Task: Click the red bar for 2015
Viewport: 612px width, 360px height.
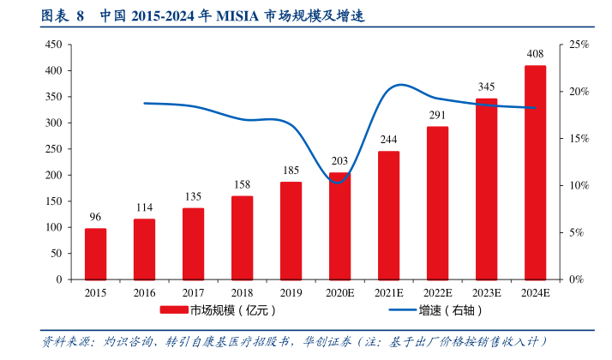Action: pyautogui.click(x=95, y=254)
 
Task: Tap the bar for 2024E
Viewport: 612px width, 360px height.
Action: pyautogui.click(x=536, y=172)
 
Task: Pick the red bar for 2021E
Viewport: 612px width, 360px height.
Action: pyautogui.click(x=388, y=215)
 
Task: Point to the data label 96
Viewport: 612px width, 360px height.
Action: pyautogui.click(x=95, y=217)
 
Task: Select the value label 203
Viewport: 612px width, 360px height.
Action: pyautogui.click(x=339, y=160)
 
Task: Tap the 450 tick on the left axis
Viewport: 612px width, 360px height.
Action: pyautogui.click(x=52, y=44)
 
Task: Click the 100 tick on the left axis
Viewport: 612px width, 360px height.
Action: pyautogui.click(x=52, y=227)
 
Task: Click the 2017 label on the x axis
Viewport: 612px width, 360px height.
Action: pyautogui.click(x=193, y=292)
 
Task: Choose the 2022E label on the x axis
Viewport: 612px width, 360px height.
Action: pyautogui.click(x=437, y=292)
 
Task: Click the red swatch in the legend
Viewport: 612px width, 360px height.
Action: pyautogui.click(x=173, y=310)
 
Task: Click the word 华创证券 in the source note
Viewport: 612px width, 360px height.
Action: pyautogui.click(x=327, y=341)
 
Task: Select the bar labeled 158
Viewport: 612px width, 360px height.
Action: pyautogui.click(x=242, y=237)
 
